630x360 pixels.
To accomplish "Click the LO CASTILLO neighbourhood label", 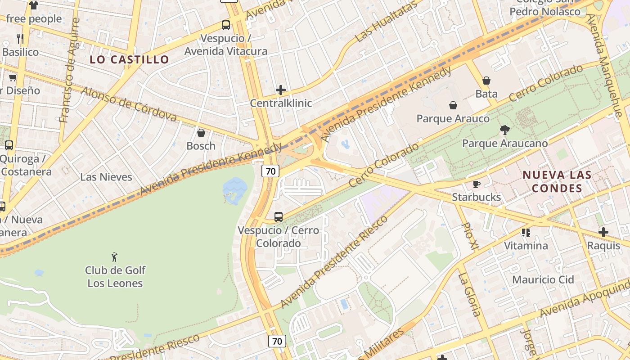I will pyautogui.click(x=129, y=59).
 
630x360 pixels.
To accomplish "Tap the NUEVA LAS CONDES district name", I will pyautogui.click(x=556, y=181).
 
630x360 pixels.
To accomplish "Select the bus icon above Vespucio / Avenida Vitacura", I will pyautogui.click(x=226, y=25).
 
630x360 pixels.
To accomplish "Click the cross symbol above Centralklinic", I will pyautogui.click(x=281, y=90).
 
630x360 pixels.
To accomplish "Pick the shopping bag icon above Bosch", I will pyautogui.click(x=201, y=133).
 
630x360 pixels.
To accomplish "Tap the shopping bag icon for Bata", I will pyautogui.click(x=486, y=81).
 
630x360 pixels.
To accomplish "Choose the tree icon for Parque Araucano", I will pyautogui.click(x=505, y=130).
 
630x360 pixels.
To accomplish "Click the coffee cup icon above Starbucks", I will pyautogui.click(x=477, y=184).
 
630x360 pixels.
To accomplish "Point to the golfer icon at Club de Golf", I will pyautogui.click(x=115, y=257).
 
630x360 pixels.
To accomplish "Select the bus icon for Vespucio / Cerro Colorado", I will pyautogui.click(x=279, y=217).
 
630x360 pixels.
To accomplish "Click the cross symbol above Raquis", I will pyautogui.click(x=603, y=232).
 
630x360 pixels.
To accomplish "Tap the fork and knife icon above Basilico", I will pyautogui.click(x=20, y=38).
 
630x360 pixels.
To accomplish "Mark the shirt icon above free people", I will pyautogui.click(x=34, y=5).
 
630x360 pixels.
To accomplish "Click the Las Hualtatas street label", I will pyautogui.click(x=386, y=22).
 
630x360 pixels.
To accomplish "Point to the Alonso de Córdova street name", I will pyautogui.click(x=129, y=104).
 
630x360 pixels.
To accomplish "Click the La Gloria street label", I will pyautogui.click(x=469, y=294).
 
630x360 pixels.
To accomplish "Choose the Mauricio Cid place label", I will pyautogui.click(x=543, y=279).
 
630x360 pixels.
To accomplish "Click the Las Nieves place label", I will pyautogui.click(x=106, y=177).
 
